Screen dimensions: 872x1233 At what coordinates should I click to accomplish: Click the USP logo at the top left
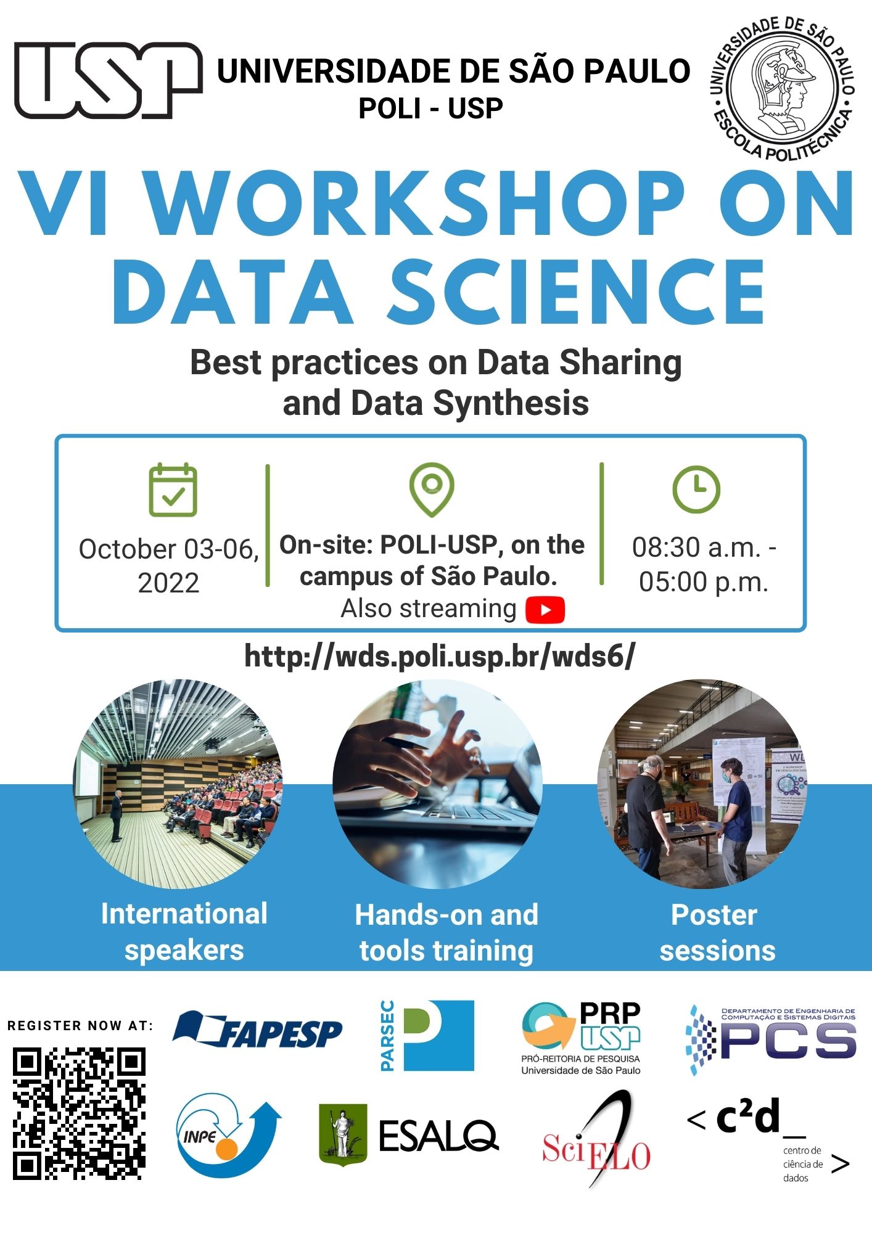[109, 80]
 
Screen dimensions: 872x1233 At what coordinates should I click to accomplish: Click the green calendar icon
[173, 490]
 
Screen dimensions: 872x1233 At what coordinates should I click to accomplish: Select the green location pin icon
[432, 490]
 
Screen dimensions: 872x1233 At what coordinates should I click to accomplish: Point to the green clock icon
[696, 490]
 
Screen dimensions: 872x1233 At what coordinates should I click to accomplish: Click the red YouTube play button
[545, 610]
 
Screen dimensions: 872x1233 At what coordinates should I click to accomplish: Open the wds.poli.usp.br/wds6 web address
[440, 656]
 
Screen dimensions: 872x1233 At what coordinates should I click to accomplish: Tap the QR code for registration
[79, 1113]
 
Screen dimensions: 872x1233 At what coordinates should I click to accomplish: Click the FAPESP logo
[257, 1031]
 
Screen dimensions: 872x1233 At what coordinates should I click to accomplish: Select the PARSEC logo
[427, 1036]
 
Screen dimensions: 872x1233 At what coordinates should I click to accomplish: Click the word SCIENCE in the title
[576, 292]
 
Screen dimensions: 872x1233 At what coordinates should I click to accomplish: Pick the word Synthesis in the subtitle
[511, 404]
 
